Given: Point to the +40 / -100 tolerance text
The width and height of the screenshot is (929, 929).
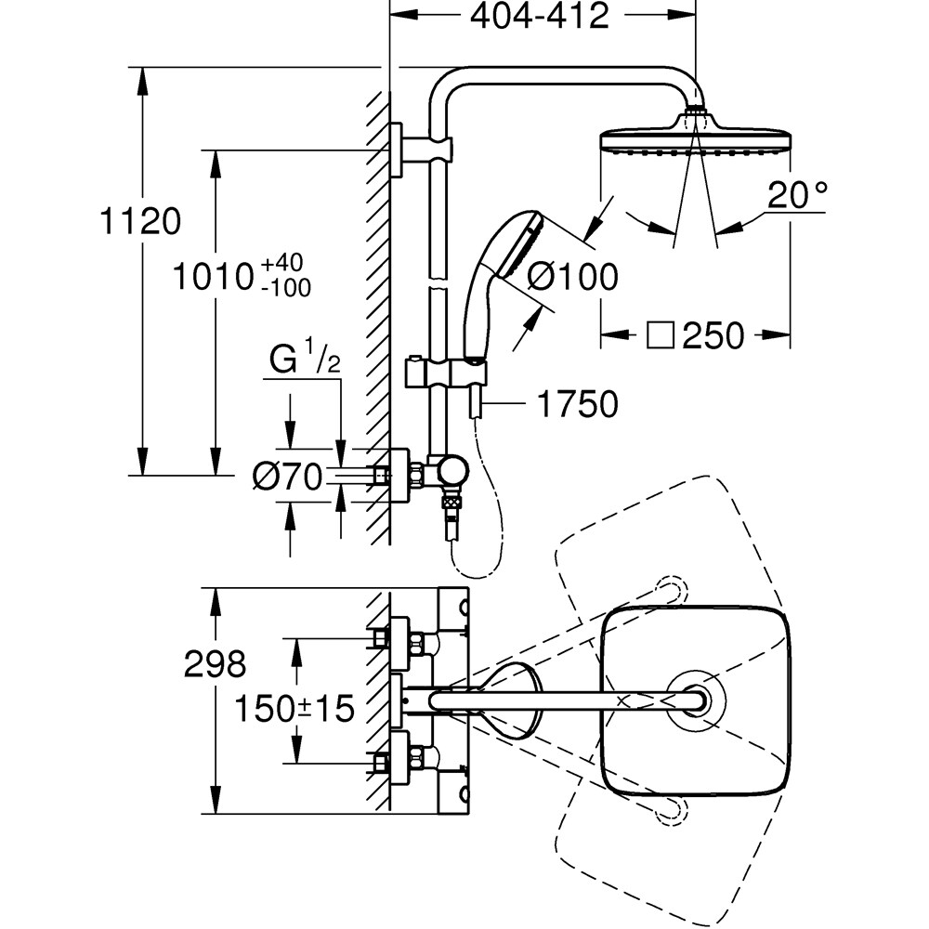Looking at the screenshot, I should pyautogui.click(x=286, y=276).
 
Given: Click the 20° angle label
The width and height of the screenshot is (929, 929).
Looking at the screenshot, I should pyautogui.click(x=798, y=196).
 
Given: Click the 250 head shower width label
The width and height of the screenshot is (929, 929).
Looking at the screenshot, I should pyautogui.click(x=713, y=336).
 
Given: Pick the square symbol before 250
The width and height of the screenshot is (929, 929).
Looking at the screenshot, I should pyautogui.click(x=660, y=336).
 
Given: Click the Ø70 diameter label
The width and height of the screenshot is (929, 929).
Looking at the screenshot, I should pyautogui.click(x=287, y=478).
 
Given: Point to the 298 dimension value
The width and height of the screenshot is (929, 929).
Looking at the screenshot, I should pyautogui.click(x=215, y=663).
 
